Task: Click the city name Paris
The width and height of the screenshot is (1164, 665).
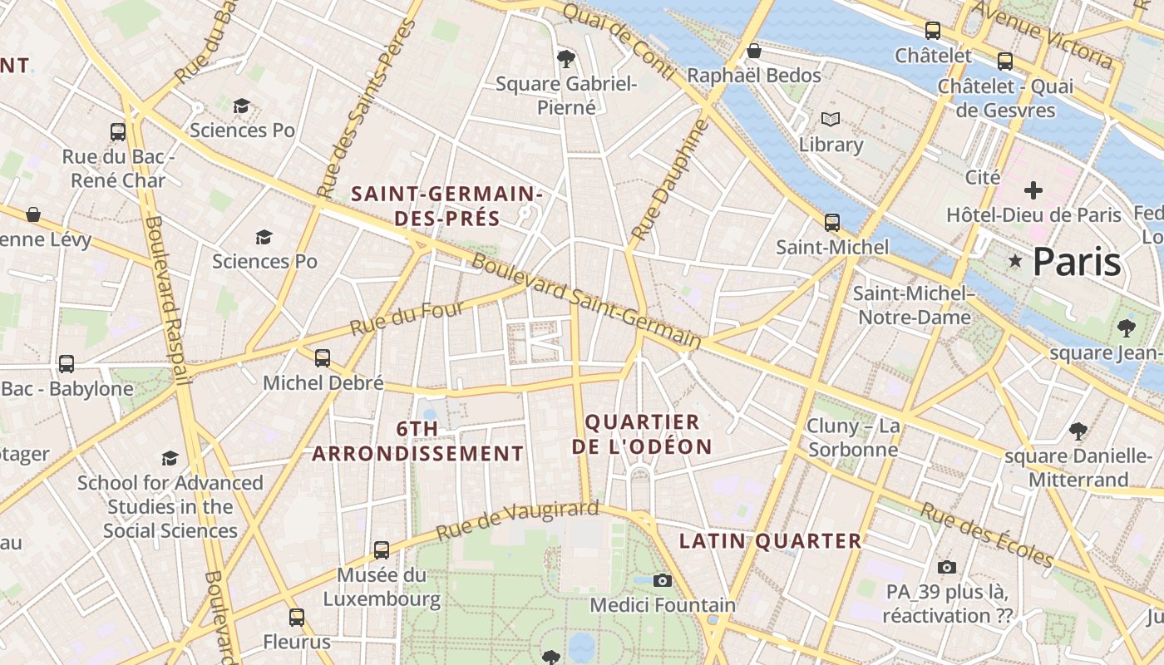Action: (x=1077, y=262)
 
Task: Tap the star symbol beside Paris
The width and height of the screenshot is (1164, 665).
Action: (x=1014, y=261)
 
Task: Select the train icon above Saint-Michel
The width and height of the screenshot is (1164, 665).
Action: (x=831, y=223)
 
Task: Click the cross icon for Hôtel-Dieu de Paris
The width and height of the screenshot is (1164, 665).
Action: (x=1033, y=190)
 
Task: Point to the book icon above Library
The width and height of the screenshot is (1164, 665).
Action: (x=831, y=120)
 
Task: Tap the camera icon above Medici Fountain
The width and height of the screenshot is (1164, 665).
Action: (x=662, y=580)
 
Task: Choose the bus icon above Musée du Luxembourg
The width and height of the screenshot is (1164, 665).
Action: (x=381, y=549)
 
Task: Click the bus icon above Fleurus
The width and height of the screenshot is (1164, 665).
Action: (x=297, y=618)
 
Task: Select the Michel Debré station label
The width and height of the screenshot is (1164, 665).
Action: (x=323, y=383)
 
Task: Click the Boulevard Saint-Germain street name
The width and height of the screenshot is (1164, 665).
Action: (x=586, y=301)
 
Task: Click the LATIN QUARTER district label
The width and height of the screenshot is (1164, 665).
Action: (x=770, y=541)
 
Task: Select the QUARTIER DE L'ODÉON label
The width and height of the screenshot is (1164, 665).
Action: (x=642, y=434)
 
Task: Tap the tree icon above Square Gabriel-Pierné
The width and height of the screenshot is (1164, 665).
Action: (x=566, y=58)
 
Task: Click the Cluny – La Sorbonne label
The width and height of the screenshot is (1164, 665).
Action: (x=853, y=438)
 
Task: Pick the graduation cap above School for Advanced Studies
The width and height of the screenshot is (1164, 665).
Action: (x=170, y=458)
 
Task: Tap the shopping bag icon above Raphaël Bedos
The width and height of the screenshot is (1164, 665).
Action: (x=754, y=51)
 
